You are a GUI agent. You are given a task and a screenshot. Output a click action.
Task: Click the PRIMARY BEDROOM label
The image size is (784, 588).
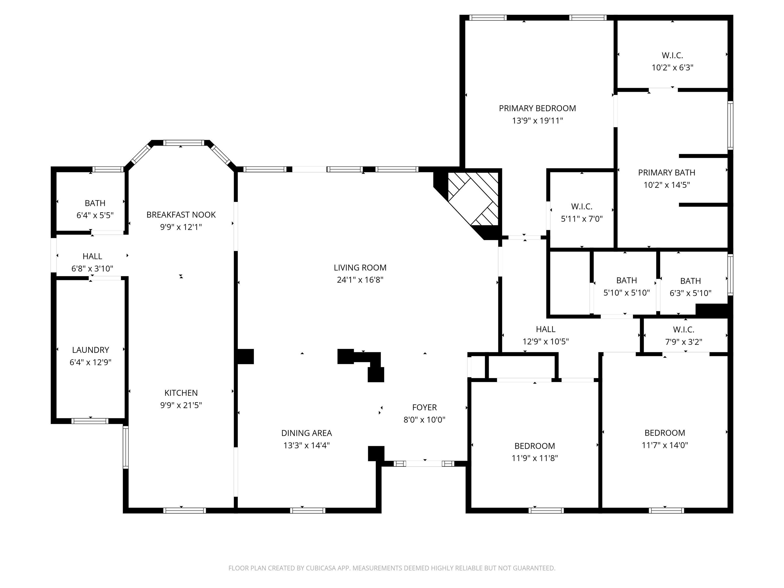537,108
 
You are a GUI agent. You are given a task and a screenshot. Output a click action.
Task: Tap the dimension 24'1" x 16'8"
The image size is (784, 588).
360,280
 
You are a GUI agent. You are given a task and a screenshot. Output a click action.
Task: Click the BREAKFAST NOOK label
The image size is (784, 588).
181,215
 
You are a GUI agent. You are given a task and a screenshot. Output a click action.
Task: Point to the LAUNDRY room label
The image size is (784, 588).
91,350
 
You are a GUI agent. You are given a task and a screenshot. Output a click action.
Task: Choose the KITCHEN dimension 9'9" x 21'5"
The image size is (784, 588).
181,405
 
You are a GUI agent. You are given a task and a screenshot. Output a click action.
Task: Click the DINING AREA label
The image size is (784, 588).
307,433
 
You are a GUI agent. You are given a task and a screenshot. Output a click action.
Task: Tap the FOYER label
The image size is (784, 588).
425,408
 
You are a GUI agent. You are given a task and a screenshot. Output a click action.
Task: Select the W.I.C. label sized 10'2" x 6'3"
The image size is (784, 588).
672,56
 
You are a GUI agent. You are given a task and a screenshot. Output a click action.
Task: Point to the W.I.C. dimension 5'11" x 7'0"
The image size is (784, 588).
582,219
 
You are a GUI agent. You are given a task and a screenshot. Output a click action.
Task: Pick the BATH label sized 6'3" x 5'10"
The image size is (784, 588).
690,281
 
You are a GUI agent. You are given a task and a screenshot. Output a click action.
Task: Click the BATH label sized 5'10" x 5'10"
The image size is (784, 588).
627,281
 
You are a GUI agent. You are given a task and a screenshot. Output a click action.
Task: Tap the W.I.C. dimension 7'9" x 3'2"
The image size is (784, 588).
683,342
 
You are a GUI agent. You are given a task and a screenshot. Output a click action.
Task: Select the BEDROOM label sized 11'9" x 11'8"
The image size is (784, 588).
535,446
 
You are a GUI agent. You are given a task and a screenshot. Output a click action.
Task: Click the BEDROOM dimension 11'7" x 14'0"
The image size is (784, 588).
665,445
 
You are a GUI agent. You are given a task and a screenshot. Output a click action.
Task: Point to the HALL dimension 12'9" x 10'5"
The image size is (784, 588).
546,342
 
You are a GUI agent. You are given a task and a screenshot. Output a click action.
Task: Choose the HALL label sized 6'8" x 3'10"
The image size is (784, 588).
92,256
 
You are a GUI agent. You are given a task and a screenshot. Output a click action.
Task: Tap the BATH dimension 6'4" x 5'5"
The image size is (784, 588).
95,215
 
